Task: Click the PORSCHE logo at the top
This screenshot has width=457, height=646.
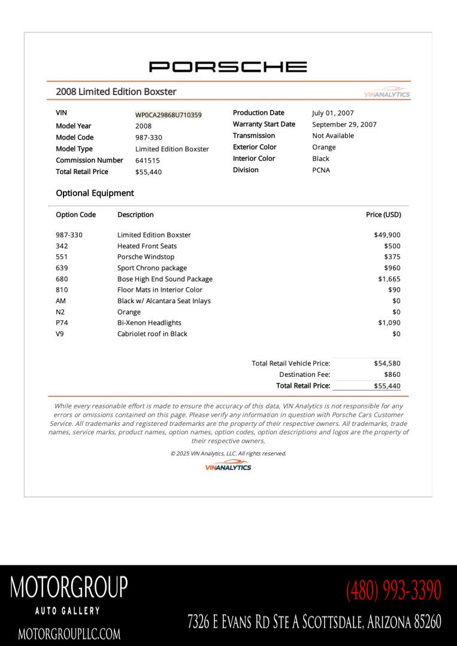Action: (228, 66)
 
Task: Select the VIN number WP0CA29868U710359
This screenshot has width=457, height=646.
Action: (168, 115)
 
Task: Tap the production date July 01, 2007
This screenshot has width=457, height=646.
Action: (332, 113)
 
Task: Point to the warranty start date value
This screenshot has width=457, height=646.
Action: (344, 124)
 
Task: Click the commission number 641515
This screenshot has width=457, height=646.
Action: (147, 160)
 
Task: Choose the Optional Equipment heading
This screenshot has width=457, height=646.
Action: (95, 193)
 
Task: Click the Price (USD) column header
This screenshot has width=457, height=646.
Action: (383, 215)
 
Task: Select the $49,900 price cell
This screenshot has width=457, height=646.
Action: (387, 235)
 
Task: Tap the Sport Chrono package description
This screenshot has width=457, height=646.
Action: (152, 268)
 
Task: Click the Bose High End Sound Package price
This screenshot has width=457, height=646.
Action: (389, 279)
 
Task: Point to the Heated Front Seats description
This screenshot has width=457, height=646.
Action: (147, 246)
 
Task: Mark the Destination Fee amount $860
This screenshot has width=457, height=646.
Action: (392, 374)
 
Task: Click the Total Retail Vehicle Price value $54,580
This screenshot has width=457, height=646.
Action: (387, 363)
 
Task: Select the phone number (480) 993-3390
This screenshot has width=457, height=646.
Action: (393, 590)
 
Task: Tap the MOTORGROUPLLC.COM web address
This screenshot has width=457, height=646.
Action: (69, 633)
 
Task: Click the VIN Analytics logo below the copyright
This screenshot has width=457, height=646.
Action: (228, 467)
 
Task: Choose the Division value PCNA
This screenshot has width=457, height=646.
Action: (321, 170)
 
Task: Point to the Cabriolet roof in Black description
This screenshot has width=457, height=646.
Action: (152, 334)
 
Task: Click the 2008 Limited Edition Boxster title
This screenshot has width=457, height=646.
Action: (116, 92)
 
